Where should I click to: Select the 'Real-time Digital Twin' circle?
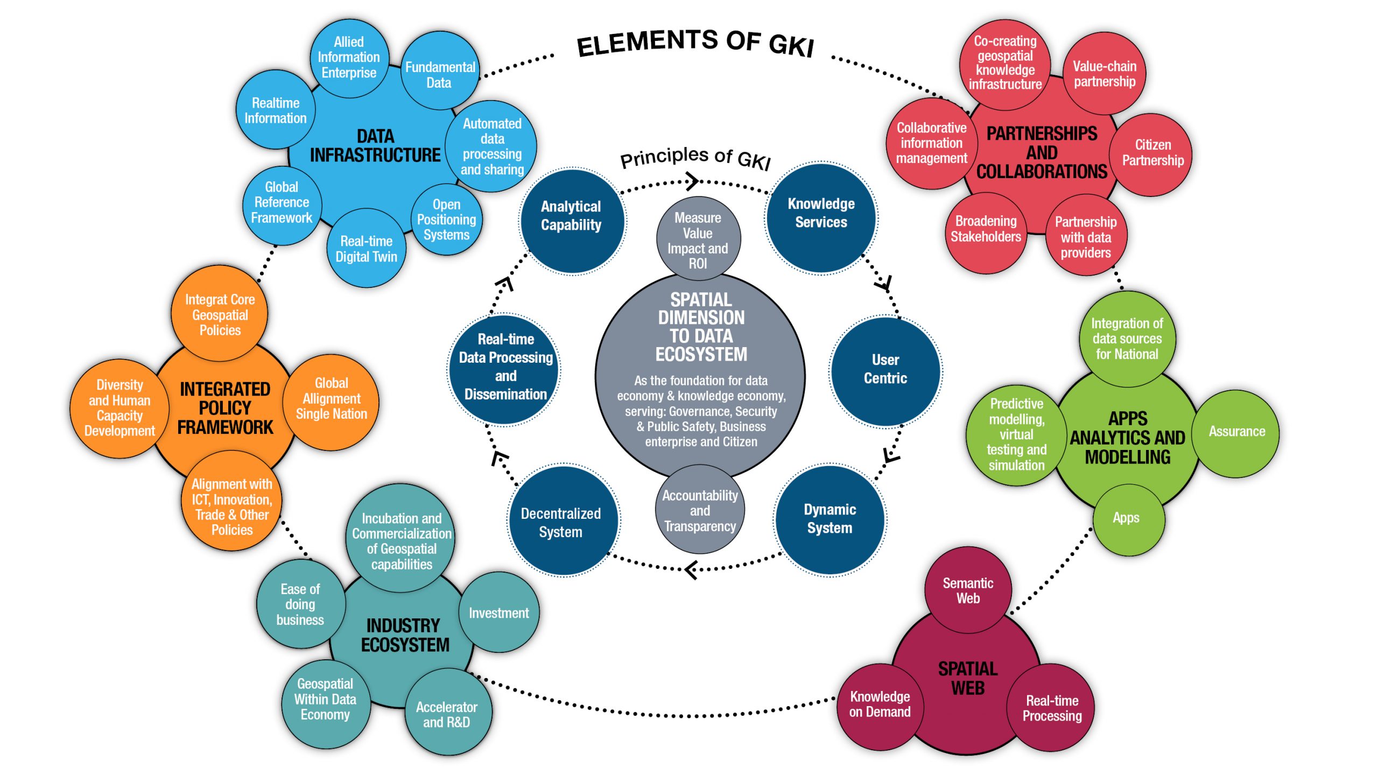pos(366,249)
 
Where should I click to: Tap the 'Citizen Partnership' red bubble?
pos(1152,153)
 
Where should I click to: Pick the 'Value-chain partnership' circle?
pos(1104,74)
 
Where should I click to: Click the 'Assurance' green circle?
pos(1236,432)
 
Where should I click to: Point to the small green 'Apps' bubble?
pos(1126,518)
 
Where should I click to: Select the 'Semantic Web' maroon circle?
pos(967,590)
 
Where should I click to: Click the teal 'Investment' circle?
pos(498,613)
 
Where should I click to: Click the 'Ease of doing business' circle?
pos(300,604)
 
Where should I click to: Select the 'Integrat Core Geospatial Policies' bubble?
pos(220,314)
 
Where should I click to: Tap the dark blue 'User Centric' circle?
pos(885,369)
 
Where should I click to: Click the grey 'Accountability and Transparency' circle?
pos(700,510)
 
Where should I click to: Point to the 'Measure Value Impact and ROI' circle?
pos(698,240)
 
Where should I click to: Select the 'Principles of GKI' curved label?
pos(695,158)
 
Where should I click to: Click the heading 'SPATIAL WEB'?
pos(967,678)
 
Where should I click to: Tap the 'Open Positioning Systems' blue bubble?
pos(446,220)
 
